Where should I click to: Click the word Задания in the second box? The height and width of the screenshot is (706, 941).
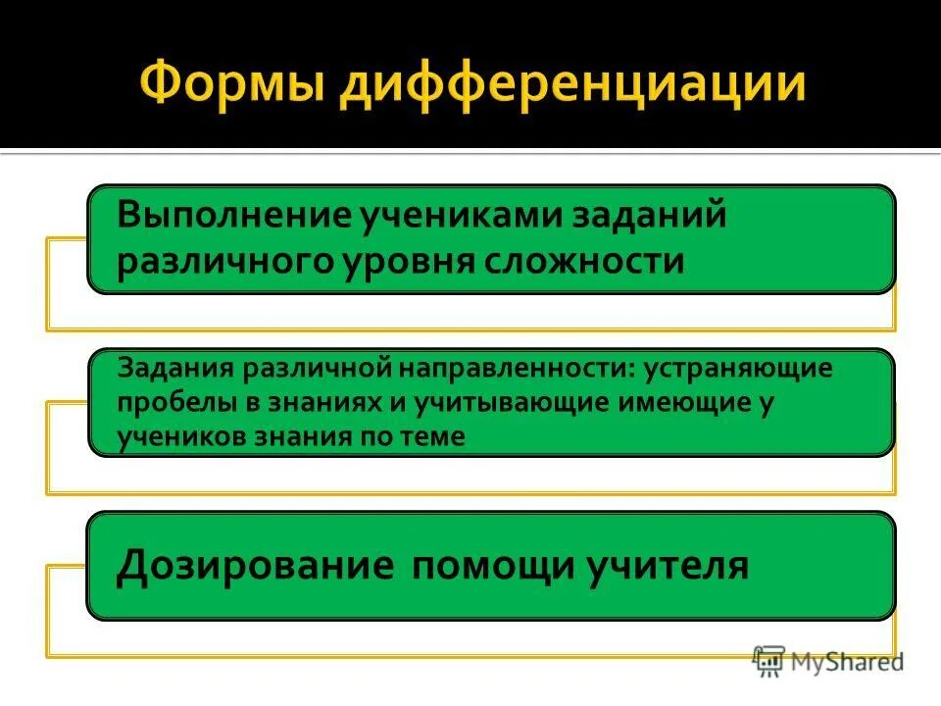(x=174, y=372)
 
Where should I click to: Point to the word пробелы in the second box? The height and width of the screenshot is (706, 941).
(x=171, y=405)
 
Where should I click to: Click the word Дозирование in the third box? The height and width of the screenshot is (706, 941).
(x=250, y=567)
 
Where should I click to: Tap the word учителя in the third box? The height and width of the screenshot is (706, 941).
(x=667, y=567)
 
